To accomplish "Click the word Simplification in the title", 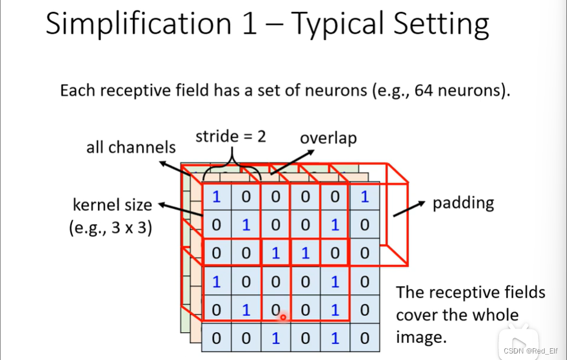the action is coord(138,24).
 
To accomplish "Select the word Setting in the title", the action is coord(441,24).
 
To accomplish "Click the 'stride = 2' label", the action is coord(231,137).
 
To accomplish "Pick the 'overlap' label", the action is coord(328,138).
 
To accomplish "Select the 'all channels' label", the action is coord(131,147).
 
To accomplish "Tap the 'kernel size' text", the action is coord(112,205).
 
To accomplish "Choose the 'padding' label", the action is coord(463,203).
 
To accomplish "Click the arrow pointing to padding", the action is coord(409,209).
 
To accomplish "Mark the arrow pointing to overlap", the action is coord(292,163).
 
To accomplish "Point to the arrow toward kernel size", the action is coord(181,210).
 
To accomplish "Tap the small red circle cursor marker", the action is coord(283,317).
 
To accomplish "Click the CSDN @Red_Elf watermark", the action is coord(530,351).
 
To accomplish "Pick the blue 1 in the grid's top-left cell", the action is coord(216,197).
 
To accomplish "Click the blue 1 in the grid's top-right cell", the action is coord(364,197).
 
